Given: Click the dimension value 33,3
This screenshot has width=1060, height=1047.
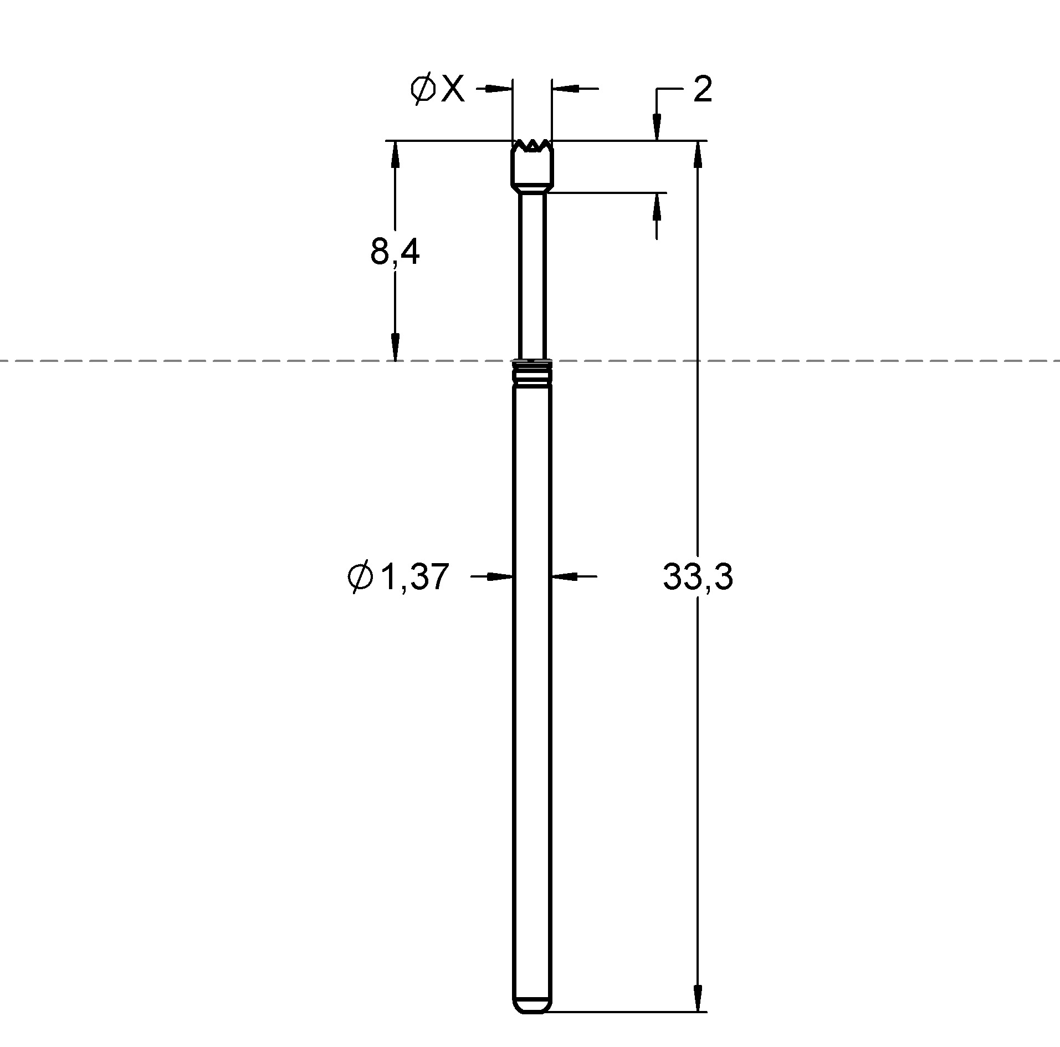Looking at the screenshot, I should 697,577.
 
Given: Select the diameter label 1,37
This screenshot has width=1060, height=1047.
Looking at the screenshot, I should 413,577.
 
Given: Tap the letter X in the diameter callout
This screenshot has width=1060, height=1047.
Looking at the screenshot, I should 453,89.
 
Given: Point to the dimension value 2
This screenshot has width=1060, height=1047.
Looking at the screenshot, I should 702,89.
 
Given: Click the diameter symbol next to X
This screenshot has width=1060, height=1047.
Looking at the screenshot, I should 423,89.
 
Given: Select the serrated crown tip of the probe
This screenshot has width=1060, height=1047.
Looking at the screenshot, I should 532,146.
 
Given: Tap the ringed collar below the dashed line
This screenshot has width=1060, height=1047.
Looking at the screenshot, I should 532,372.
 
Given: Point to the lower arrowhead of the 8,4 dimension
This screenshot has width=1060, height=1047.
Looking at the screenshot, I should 395,347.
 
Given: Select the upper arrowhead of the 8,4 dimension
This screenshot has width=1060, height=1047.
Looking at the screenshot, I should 395,155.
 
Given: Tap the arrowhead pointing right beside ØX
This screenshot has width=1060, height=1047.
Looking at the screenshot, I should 499,88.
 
